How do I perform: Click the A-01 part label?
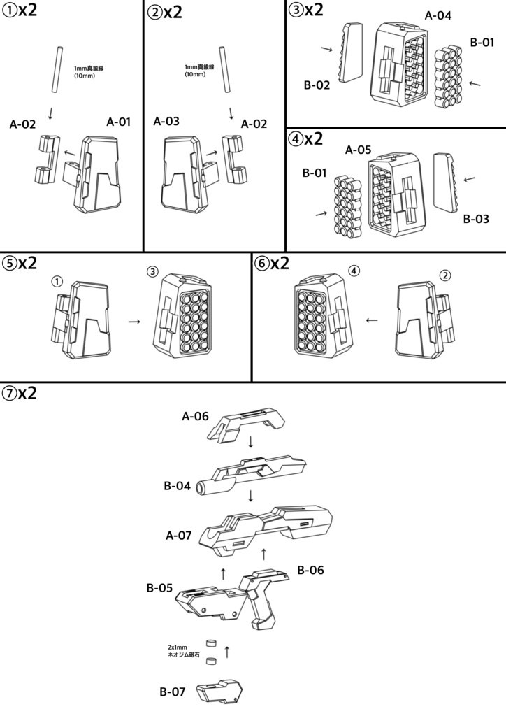click(x=118, y=122)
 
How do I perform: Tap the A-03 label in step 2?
click(x=166, y=122)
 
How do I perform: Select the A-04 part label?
click(x=438, y=15)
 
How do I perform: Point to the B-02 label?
click(x=317, y=85)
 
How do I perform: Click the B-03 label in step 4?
click(x=476, y=219)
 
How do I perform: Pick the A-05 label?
click(x=358, y=150)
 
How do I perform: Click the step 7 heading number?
click(x=9, y=393)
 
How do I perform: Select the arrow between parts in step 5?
click(x=134, y=322)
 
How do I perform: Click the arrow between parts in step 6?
click(x=372, y=320)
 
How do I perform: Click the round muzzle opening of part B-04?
click(x=201, y=487)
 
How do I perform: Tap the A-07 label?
click(x=178, y=536)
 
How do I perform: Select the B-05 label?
click(x=159, y=587)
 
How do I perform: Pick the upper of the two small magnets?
click(x=210, y=643)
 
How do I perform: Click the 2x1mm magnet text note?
click(x=183, y=651)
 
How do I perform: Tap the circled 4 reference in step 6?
click(x=354, y=271)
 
